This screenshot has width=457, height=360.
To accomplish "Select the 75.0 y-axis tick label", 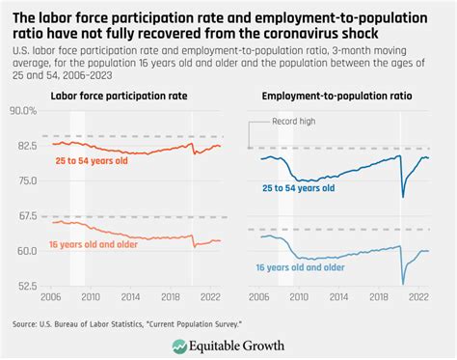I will click(26, 180).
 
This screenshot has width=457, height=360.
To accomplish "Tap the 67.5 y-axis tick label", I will click(26, 216).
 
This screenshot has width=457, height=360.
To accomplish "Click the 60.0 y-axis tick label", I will click(26, 251).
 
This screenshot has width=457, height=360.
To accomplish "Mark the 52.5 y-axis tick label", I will click(26, 286).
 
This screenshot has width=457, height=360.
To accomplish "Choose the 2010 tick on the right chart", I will click(299, 299).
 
